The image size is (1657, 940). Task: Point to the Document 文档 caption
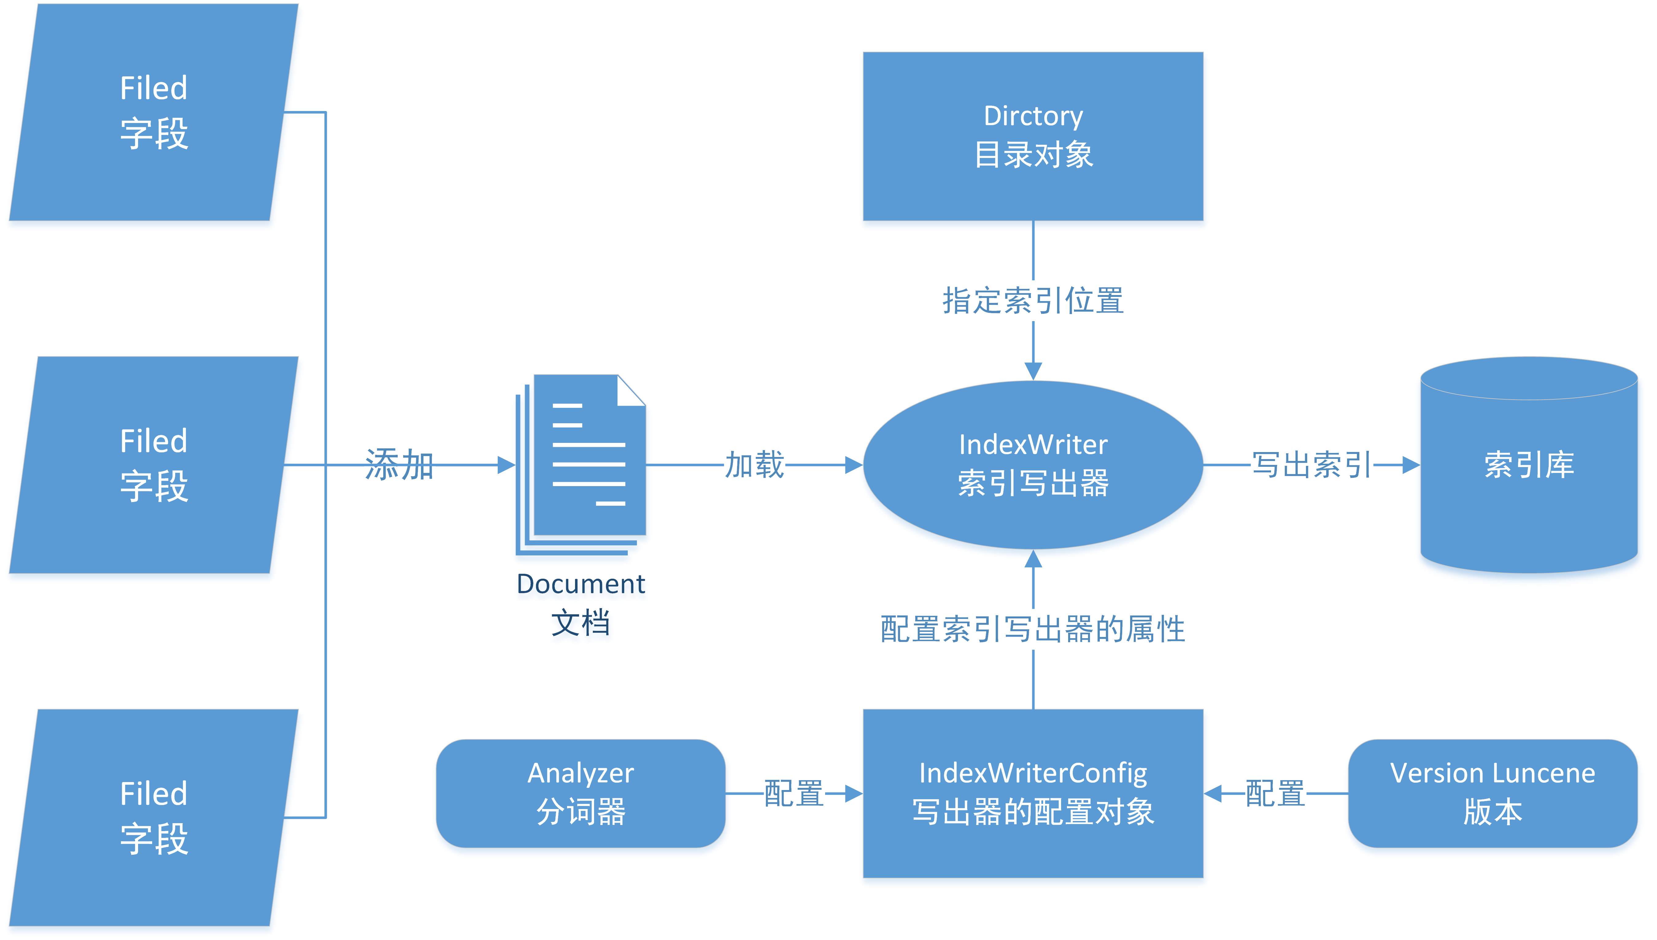point(581,604)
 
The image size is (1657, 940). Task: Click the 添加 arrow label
point(398,465)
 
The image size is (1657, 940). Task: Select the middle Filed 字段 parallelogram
point(154,465)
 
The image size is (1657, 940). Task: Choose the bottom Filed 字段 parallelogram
point(154,817)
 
